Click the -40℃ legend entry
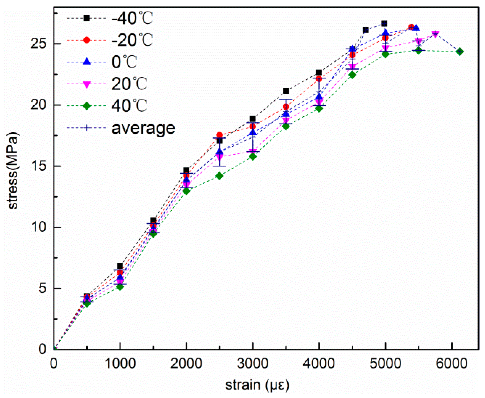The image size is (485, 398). (132, 19)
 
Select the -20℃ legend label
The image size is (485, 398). (132, 40)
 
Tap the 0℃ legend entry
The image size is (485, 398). (124, 62)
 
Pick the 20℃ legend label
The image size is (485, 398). (129, 84)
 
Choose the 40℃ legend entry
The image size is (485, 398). (129, 106)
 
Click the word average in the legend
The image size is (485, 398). (143, 128)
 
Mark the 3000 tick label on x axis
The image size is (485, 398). (252, 364)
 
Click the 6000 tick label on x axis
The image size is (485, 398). (451, 364)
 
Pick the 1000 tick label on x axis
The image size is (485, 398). (120, 364)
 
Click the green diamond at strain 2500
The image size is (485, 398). (219, 176)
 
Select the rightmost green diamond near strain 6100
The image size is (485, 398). (459, 52)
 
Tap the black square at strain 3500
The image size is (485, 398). (286, 91)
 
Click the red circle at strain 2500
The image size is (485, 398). (219, 135)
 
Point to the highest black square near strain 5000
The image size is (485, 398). (384, 24)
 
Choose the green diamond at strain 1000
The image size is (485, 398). (120, 287)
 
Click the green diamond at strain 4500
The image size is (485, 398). (352, 75)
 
